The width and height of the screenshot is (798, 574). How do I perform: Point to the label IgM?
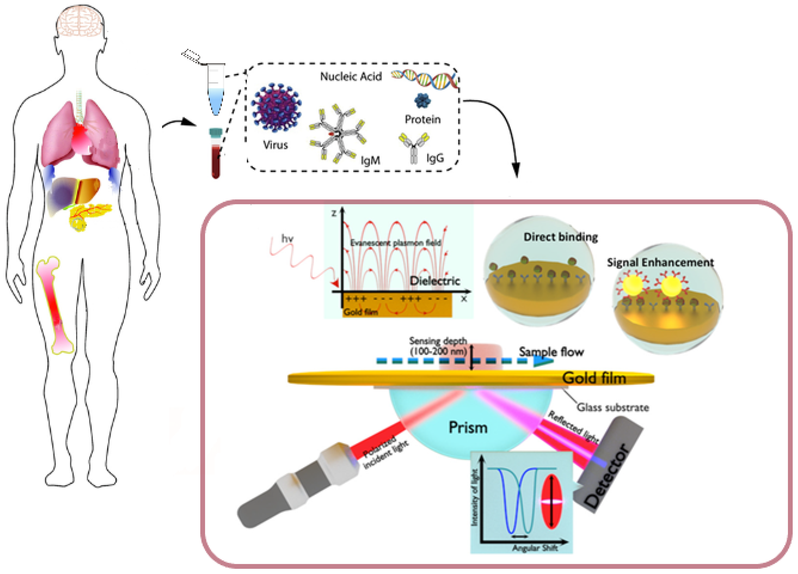tap(370, 161)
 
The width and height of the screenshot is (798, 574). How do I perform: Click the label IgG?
tap(435, 158)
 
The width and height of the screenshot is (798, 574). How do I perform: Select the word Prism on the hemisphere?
tap(468, 428)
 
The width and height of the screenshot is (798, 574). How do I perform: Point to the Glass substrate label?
tap(613, 407)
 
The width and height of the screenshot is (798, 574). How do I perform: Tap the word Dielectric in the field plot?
tap(434, 281)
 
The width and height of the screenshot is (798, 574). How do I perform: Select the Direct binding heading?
tap(560, 237)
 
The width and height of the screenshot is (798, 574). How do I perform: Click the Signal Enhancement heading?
tap(660, 262)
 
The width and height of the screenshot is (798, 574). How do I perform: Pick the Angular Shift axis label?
tap(535, 548)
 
